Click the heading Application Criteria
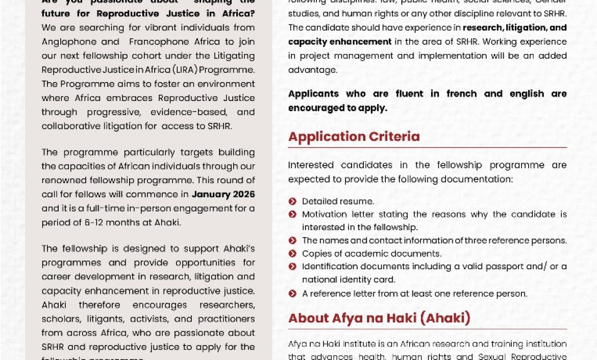(354, 137)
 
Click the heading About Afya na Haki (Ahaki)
(379, 318)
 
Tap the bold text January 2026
(223, 194)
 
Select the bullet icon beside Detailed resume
(292, 201)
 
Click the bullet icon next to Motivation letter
(292, 215)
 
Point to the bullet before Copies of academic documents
(292, 253)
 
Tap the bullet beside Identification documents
(292, 266)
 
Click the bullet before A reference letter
(292, 294)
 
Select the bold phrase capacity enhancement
(340, 42)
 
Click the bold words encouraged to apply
(337, 108)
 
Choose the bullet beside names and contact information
(292, 240)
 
